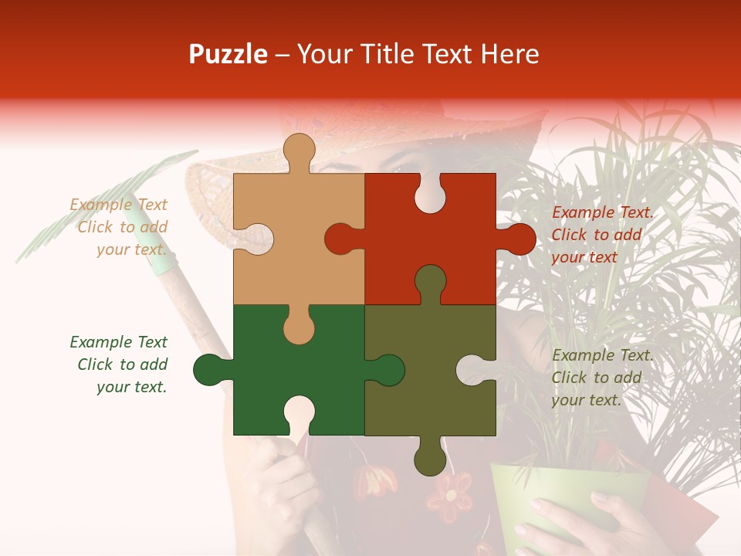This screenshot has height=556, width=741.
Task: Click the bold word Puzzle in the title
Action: point(228,55)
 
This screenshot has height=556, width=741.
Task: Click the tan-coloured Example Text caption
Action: point(120,227)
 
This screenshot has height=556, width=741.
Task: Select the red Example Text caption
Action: point(602,235)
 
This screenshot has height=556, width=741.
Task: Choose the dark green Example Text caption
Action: point(120,364)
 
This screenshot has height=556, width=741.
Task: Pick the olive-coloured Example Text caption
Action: point(602,378)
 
